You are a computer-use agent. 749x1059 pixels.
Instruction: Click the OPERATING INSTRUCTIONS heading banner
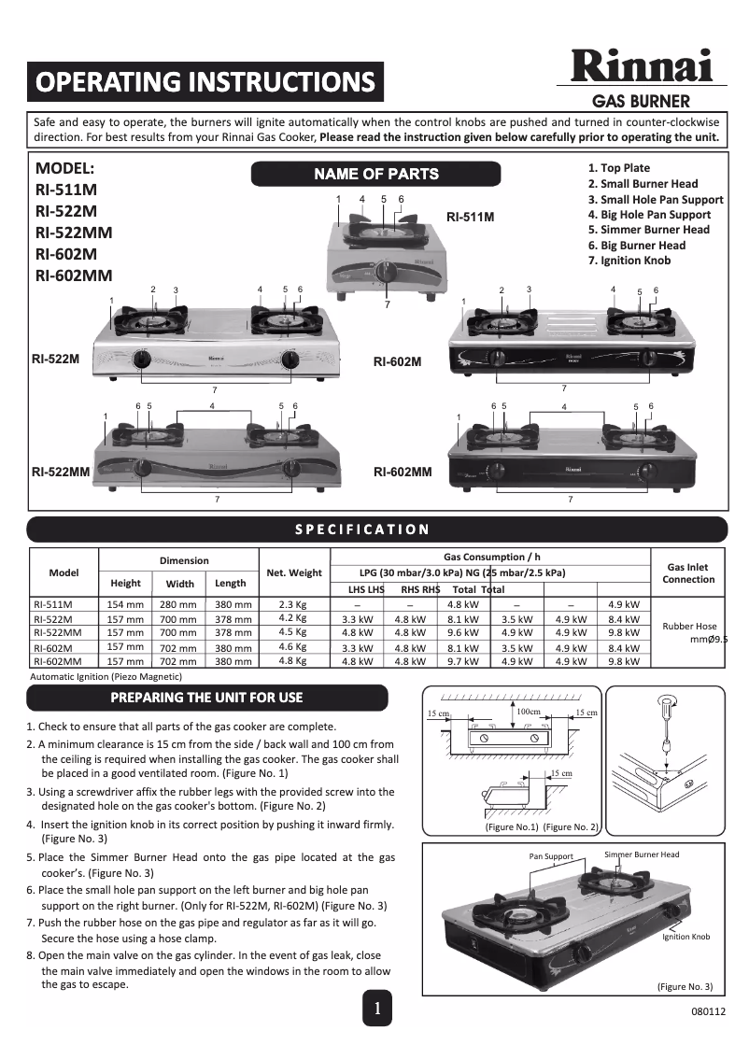[x=205, y=82]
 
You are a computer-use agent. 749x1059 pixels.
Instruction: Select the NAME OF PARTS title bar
[x=375, y=174]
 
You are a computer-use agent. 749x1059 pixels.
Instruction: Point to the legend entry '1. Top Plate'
[x=619, y=168]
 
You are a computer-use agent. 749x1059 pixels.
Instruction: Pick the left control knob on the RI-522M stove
[x=142, y=360]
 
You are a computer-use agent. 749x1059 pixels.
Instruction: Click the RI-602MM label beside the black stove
[x=403, y=473]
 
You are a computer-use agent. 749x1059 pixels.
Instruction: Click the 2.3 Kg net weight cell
[x=293, y=604]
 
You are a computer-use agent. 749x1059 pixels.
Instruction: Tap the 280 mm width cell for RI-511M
[x=179, y=605]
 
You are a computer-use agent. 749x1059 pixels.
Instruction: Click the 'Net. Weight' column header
[x=294, y=572]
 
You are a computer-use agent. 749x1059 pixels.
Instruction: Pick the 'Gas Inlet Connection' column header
[x=688, y=572]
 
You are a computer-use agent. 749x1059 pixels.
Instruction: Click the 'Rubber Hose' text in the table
[x=689, y=627]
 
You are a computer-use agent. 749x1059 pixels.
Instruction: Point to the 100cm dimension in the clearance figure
[x=529, y=712]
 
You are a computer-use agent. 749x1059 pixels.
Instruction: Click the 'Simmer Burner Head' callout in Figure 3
[x=642, y=854]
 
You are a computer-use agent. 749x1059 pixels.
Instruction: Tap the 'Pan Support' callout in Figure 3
[x=551, y=856]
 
